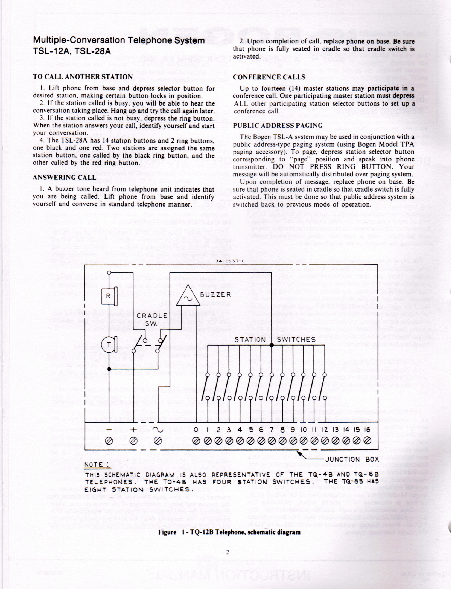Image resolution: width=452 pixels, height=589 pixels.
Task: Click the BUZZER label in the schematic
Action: coord(215,295)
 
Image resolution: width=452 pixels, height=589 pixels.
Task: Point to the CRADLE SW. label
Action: coord(152,319)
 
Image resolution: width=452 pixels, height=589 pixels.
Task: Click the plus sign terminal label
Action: coord(133,430)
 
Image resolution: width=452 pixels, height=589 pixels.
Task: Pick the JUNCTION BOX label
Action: coord(352,459)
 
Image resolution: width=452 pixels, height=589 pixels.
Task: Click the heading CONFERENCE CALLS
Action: coord(269,77)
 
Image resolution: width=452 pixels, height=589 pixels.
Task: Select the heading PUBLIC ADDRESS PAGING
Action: coord(278,126)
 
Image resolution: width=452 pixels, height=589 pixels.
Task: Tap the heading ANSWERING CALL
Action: coord(64,178)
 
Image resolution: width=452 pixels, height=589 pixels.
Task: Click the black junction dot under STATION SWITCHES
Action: coord(272,345)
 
